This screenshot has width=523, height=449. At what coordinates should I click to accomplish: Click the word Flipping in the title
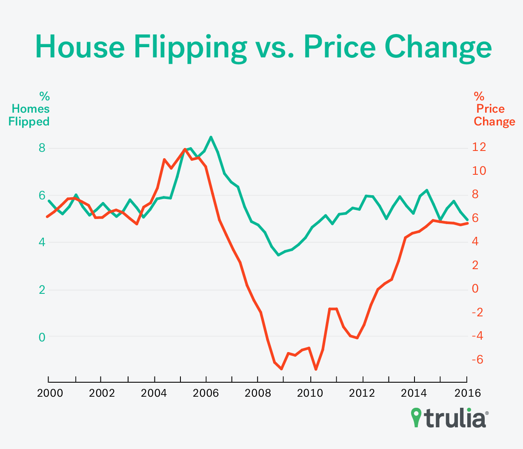190,47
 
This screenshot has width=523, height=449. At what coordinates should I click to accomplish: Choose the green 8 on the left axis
42,148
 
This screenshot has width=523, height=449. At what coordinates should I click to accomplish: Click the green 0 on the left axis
42,337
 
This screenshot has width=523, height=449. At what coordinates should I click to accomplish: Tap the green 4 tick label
42,243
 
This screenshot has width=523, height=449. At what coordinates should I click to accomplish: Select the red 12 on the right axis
479,147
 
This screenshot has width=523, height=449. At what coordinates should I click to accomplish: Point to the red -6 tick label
479,360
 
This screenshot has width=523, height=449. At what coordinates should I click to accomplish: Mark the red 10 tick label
479,171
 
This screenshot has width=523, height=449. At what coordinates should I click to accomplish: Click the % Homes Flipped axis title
29,109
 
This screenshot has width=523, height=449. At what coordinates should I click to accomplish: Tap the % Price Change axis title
494,109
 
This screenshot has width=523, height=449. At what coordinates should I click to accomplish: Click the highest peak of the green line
211,137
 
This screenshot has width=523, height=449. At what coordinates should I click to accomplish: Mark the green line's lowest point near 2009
278,255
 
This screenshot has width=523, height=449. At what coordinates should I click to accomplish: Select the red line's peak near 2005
185,149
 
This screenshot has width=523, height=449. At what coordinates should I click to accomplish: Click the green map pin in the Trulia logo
416,417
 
